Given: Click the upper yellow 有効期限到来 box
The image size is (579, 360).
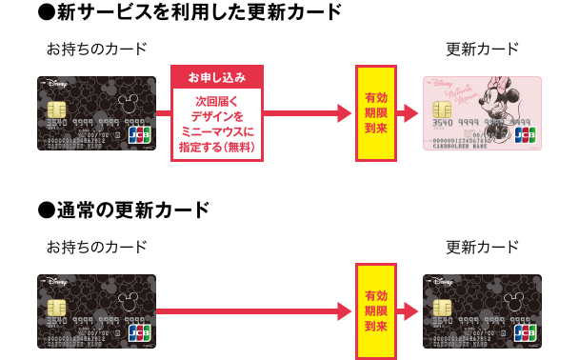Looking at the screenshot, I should click(x=375, y=113).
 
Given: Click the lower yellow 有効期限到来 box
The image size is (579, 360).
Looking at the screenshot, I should click(x=375, y=310).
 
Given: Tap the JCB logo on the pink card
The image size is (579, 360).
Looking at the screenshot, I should click(x=523, y=134).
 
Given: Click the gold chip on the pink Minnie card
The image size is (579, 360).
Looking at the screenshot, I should click(x=443, y=108).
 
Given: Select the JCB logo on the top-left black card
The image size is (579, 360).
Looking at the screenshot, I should click(x=137, y=134).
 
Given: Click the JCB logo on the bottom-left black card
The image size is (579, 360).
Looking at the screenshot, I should click(x=137, y=332).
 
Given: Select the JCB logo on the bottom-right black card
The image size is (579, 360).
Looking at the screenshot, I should click(x=523, y=332).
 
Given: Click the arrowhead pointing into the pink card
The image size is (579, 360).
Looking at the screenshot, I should click(x=410, y=114).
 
